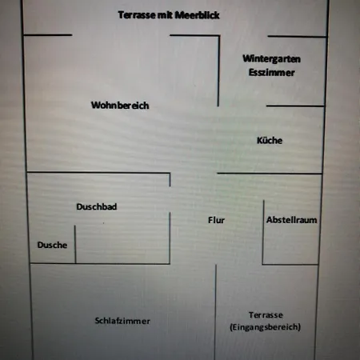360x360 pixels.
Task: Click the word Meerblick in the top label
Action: pos(197,15)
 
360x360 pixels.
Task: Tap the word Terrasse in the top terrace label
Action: pos(137,15)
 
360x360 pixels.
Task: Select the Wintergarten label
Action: pos(271,59)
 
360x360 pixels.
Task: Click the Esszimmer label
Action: pos(271,73)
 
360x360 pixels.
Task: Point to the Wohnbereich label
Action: pos(120,106)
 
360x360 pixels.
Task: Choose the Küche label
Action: pos(270,140)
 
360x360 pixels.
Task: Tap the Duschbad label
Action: pos(97,206)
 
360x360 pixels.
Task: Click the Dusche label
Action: pos(52,245)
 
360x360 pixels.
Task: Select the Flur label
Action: pos(216,220)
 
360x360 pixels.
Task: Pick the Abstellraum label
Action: pos(292,220)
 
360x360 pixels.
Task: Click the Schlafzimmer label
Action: pos(122,321)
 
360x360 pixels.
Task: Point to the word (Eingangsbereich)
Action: pos(266,327)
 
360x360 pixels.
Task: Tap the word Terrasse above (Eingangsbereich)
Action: pos(266,315)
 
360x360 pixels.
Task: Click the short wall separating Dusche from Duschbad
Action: pos(75,245)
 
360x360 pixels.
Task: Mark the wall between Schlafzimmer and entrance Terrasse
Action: pos(215,312)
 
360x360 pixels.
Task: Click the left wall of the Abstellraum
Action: pos(263,232)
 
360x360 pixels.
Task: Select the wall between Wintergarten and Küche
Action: pos(295,106)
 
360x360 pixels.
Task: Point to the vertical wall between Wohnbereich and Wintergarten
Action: pos(218,70)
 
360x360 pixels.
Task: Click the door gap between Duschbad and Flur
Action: pos(170,199)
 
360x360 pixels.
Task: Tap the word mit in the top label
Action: pos(166,15)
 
